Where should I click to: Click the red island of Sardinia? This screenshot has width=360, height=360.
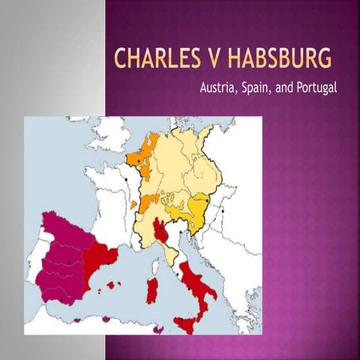151,290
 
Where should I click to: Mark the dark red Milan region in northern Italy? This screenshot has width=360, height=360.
161,229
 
